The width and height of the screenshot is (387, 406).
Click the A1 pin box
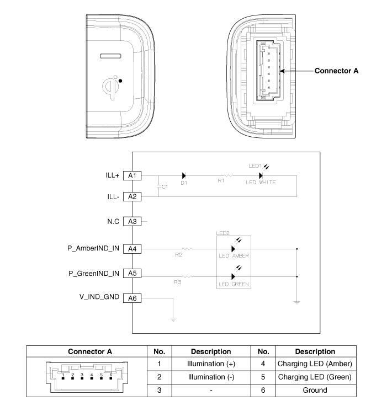click(x=131, y=175)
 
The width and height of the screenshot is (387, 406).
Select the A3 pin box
click(x=131, y=221)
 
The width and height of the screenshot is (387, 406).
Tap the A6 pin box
click(x=131, y=298)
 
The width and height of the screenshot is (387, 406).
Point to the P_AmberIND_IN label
click(x=92, y=248)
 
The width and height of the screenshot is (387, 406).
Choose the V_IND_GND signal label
click(x=99, y=297)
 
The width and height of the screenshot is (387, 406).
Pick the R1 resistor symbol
click(x=227, y=175)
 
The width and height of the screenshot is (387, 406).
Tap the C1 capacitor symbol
click(x=159, y=186)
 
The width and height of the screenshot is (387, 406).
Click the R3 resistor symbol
click(x=188, y=276)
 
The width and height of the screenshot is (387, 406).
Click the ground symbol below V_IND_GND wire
click(x=174, y=319)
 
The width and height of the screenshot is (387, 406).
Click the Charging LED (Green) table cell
click(x=315, y=377)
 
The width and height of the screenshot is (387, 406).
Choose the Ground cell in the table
click(x=315, y=390)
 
